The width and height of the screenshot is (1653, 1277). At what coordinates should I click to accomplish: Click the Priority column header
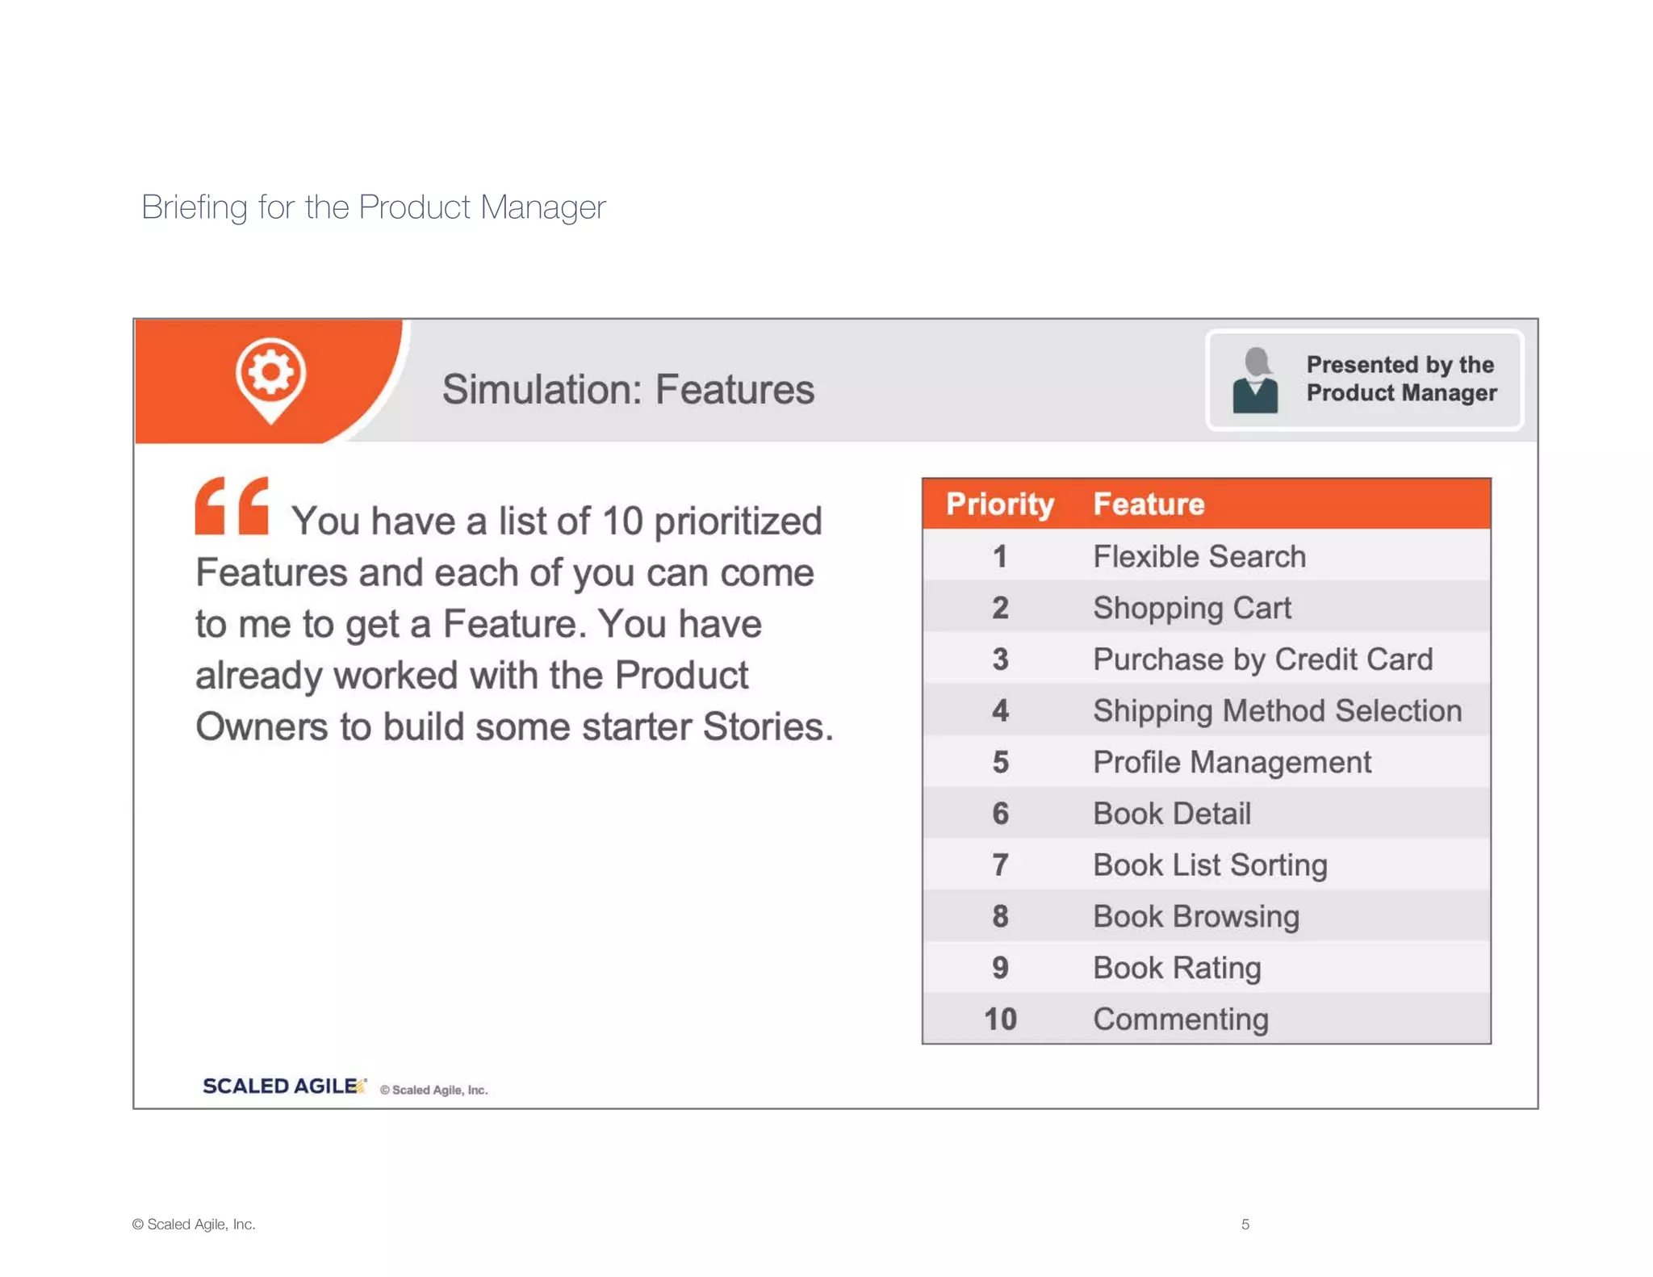pos(999,504)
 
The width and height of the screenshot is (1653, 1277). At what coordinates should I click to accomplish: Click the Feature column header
pos(1148,504)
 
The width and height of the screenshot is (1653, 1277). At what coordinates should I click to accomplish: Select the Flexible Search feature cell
pos(1199,556)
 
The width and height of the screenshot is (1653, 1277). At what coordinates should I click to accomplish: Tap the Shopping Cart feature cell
pos(1191,608)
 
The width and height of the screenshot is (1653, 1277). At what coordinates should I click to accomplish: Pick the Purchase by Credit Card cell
pos(1262,659)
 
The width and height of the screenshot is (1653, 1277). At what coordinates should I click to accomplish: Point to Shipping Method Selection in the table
pos(1277,710)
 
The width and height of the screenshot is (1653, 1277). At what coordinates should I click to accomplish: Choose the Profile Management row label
pos(1232,762)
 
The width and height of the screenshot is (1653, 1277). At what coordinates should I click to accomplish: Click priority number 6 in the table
pos(1000,814)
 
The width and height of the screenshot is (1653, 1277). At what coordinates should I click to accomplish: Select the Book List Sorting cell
pos(1209,865)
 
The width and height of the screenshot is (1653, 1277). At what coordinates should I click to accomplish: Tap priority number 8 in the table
pos(1000,916)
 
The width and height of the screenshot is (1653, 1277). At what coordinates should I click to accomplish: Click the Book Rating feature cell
pos(1176,968)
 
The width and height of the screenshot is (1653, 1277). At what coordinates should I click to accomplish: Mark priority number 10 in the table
pos(1000,1019)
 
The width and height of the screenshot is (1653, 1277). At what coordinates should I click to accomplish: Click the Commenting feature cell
pos(1180,1019)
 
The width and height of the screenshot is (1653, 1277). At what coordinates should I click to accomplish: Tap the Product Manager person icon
pos(1255,380)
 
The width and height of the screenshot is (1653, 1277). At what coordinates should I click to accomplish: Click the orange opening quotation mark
pos(232,506)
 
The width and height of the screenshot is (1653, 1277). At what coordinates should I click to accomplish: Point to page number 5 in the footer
pos(1245,1224)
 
